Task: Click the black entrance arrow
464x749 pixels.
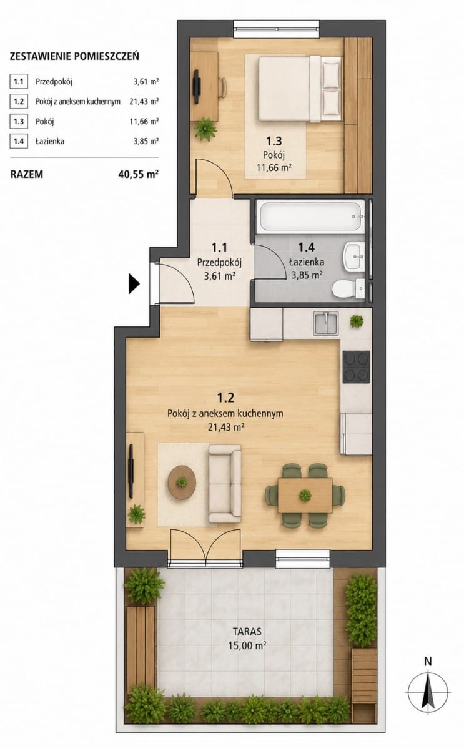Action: coord(134,283)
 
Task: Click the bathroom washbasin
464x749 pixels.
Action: coord(353,256)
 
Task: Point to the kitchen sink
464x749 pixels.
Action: coord(325,323)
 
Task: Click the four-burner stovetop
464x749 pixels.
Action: coord(357,367)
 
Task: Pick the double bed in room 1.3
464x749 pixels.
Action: coord(299,89)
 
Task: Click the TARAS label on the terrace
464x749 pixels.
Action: coord(247,632)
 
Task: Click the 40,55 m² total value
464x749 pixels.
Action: coord(138,174)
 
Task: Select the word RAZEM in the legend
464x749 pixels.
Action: coord(27,175)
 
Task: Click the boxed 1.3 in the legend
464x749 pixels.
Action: coord(19,121)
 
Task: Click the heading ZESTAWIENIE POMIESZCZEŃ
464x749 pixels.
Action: coord(74,56)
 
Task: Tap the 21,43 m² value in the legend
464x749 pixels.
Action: coord(144,102)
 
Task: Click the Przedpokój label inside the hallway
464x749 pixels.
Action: coord(219,263)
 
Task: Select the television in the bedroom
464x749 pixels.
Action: coord(197,87)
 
